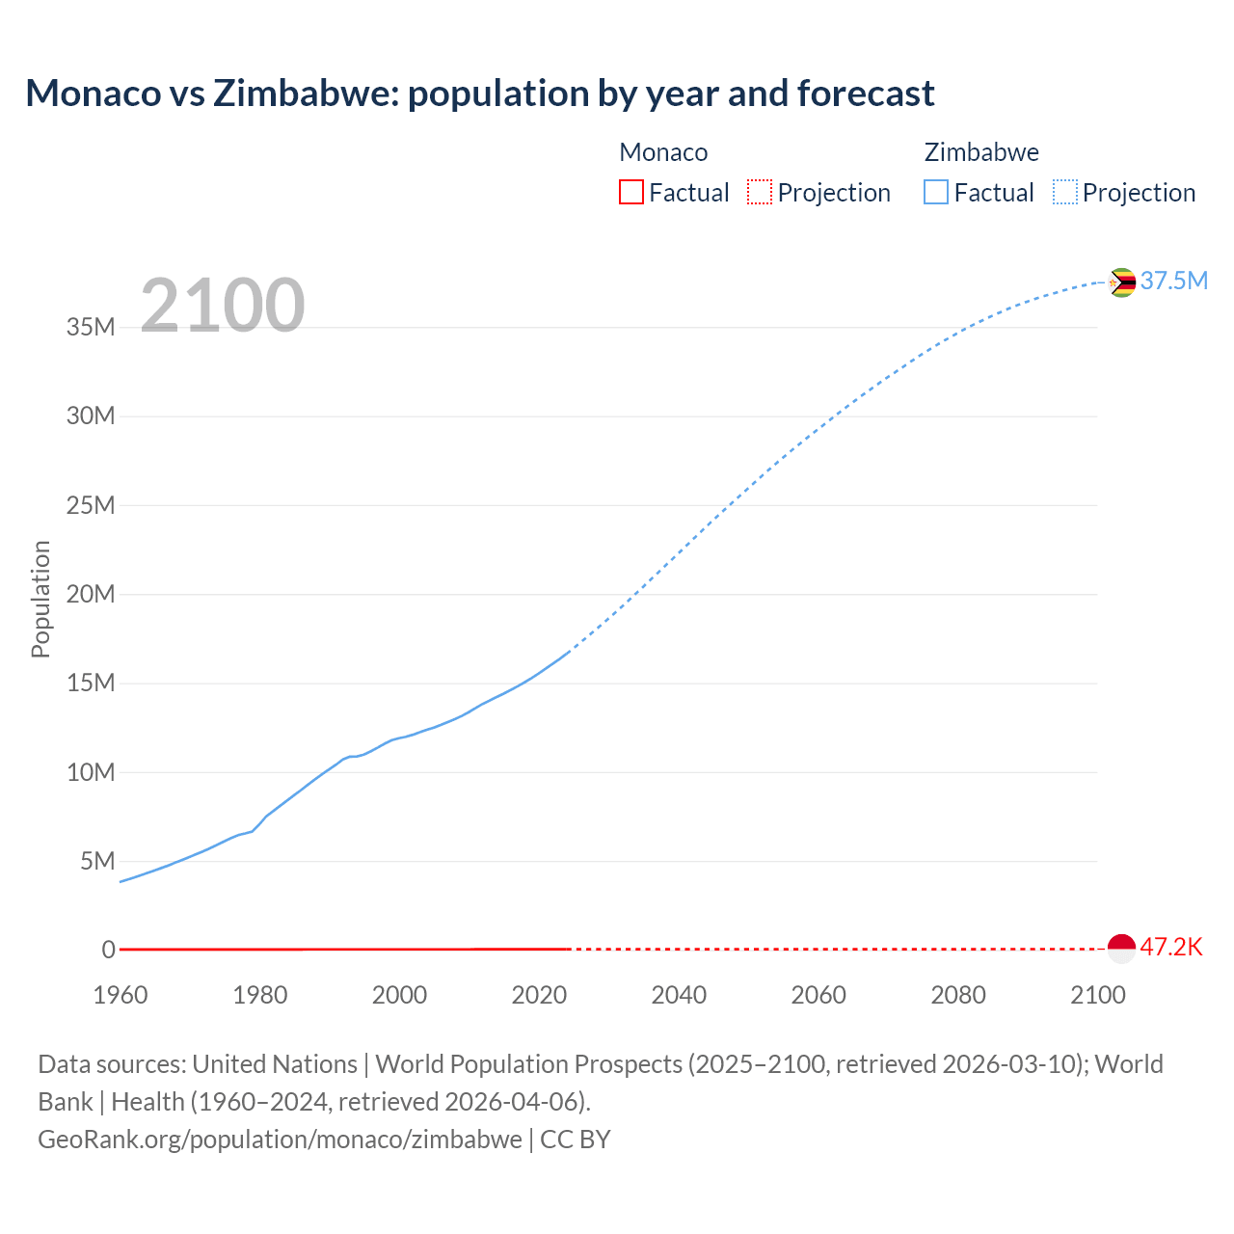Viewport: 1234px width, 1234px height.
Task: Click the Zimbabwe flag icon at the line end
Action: [x=1121, y=282]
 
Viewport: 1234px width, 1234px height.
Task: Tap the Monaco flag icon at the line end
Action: [x=1121, y=949]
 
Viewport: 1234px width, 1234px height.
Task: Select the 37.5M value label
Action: [x=1173, y=281]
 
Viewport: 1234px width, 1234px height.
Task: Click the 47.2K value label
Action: [x=1171, y=947]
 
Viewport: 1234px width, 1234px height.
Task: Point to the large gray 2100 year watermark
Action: [x=223, y=306]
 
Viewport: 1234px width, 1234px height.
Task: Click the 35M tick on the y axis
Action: [x=91, y=327]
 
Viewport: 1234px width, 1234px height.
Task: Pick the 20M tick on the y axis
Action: [x=91, y=594]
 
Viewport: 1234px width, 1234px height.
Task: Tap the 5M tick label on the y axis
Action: [x=97, y=861]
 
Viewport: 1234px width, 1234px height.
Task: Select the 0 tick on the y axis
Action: [x=108, y=950]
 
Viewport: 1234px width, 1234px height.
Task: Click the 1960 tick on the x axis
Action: [x=121, y=995]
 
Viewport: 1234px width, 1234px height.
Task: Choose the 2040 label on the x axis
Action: [x=679, y=995]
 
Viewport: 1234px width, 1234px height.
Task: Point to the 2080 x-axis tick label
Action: [x=958, y=995]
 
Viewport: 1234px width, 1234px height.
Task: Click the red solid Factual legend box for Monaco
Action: [x=630, y=192]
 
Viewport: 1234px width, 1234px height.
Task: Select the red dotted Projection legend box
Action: [x=760, y=192]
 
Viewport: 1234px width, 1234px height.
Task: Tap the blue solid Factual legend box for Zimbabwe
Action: [x=936, y=192]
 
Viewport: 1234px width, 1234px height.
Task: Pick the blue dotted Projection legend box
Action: [x=1065, y=192]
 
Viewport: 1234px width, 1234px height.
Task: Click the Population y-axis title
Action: [x=40, y=599]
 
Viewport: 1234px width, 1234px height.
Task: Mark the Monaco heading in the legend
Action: [x=663, y=152]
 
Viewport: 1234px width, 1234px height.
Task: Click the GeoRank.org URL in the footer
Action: [x=280, y=1139]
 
